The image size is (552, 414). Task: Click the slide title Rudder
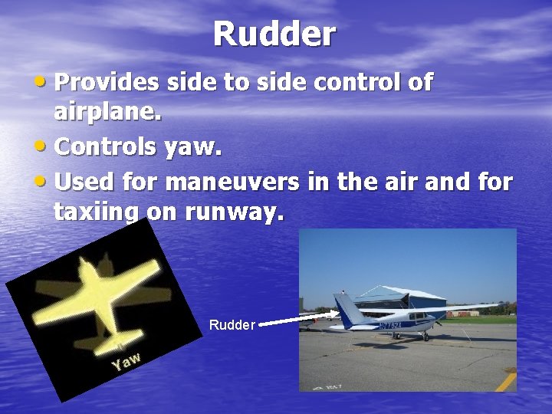click(274, 34)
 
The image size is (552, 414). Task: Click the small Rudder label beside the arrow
click(232, 325)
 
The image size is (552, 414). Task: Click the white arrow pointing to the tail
click(299, 318)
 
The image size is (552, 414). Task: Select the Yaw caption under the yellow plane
click(125, 360)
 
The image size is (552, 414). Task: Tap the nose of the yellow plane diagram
click(90, 264)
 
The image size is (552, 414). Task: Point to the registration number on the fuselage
click(389, 325)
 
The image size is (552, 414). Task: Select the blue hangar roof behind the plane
click(399, 294)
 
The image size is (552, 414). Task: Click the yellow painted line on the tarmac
click(505, 379)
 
